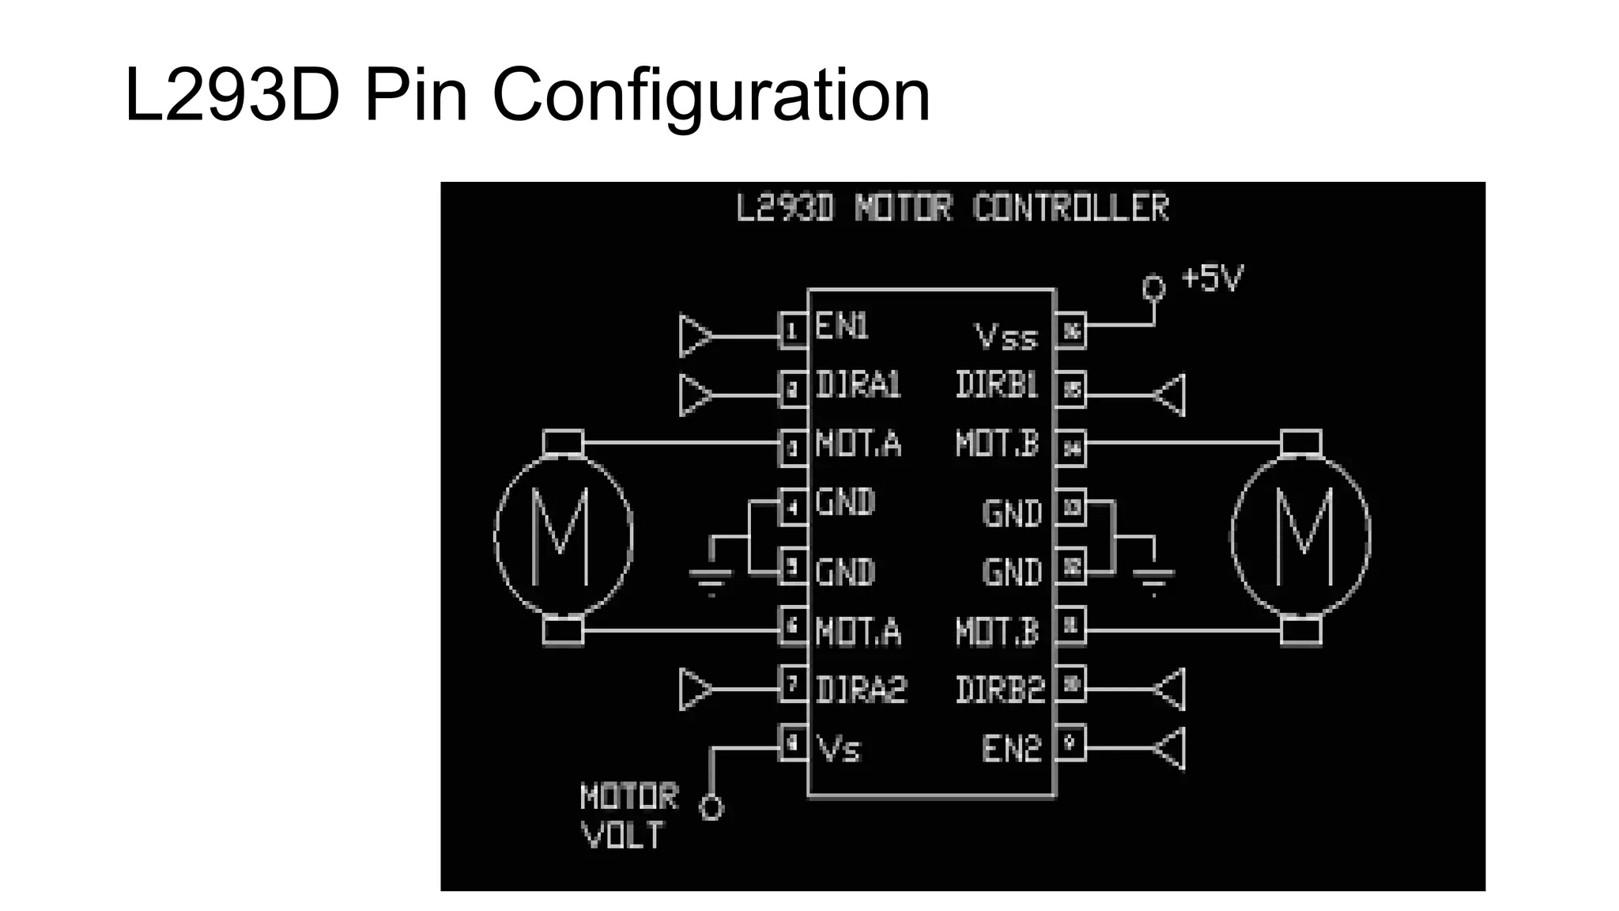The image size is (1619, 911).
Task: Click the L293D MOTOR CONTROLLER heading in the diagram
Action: [952, 208]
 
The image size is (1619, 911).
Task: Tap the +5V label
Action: [1212, 278]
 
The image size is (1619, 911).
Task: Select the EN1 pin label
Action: [841, 326]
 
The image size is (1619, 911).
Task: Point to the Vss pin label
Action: [1006, 338]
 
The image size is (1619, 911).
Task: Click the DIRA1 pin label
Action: [858, 385]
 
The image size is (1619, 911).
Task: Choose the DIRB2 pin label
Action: [999, 690]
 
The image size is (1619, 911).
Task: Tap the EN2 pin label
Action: [1011, 748]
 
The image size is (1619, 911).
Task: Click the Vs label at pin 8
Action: [838, 748]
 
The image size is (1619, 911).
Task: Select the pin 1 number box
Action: [793, 331]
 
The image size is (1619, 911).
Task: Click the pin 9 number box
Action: [1070, 743]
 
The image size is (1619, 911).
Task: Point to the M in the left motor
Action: [560, 536]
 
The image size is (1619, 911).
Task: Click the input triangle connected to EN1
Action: [695, 336]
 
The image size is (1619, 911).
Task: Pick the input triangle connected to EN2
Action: [1171, 748]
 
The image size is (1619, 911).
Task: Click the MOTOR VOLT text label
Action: [628, 815]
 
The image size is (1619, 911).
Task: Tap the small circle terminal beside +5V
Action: [1153, 288]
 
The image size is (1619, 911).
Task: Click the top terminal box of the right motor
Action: [1300, 442]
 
